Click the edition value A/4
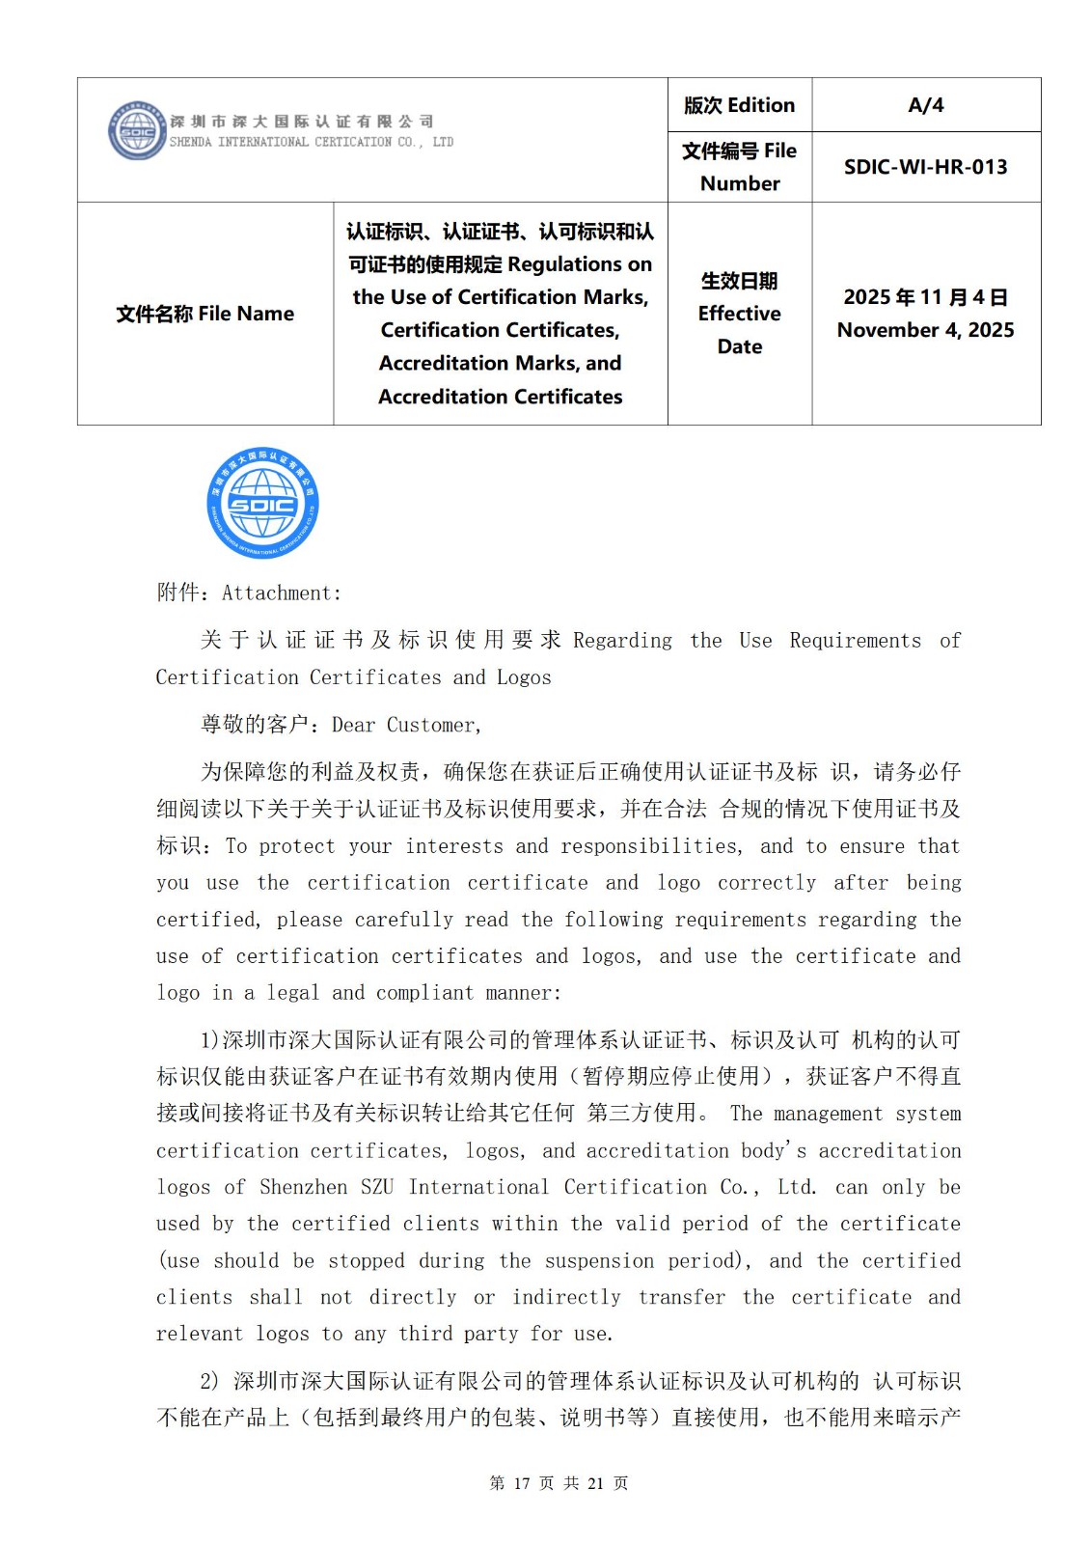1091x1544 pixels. [925, 105]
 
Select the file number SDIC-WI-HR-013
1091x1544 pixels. [925, 167]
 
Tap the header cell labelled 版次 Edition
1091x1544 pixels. [739, 105]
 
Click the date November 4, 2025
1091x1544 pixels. [925, 330]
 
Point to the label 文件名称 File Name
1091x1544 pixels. [205, 314]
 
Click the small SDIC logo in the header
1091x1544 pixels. [136, 131]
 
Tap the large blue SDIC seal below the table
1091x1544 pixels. [262, 503]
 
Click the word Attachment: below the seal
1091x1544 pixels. [282, 593]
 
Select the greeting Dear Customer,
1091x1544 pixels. [406, 725]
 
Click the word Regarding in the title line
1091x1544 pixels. [622, 641]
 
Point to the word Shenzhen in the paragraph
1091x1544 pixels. [303, 1187]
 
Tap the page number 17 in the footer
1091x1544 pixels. [522, 1483]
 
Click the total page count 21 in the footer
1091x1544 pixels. [595, 1483]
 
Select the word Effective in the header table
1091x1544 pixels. [739, 314]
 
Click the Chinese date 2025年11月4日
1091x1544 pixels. [925, 297]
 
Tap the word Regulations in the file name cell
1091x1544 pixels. [580, 264]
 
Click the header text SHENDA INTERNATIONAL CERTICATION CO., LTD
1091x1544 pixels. [311, 142]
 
